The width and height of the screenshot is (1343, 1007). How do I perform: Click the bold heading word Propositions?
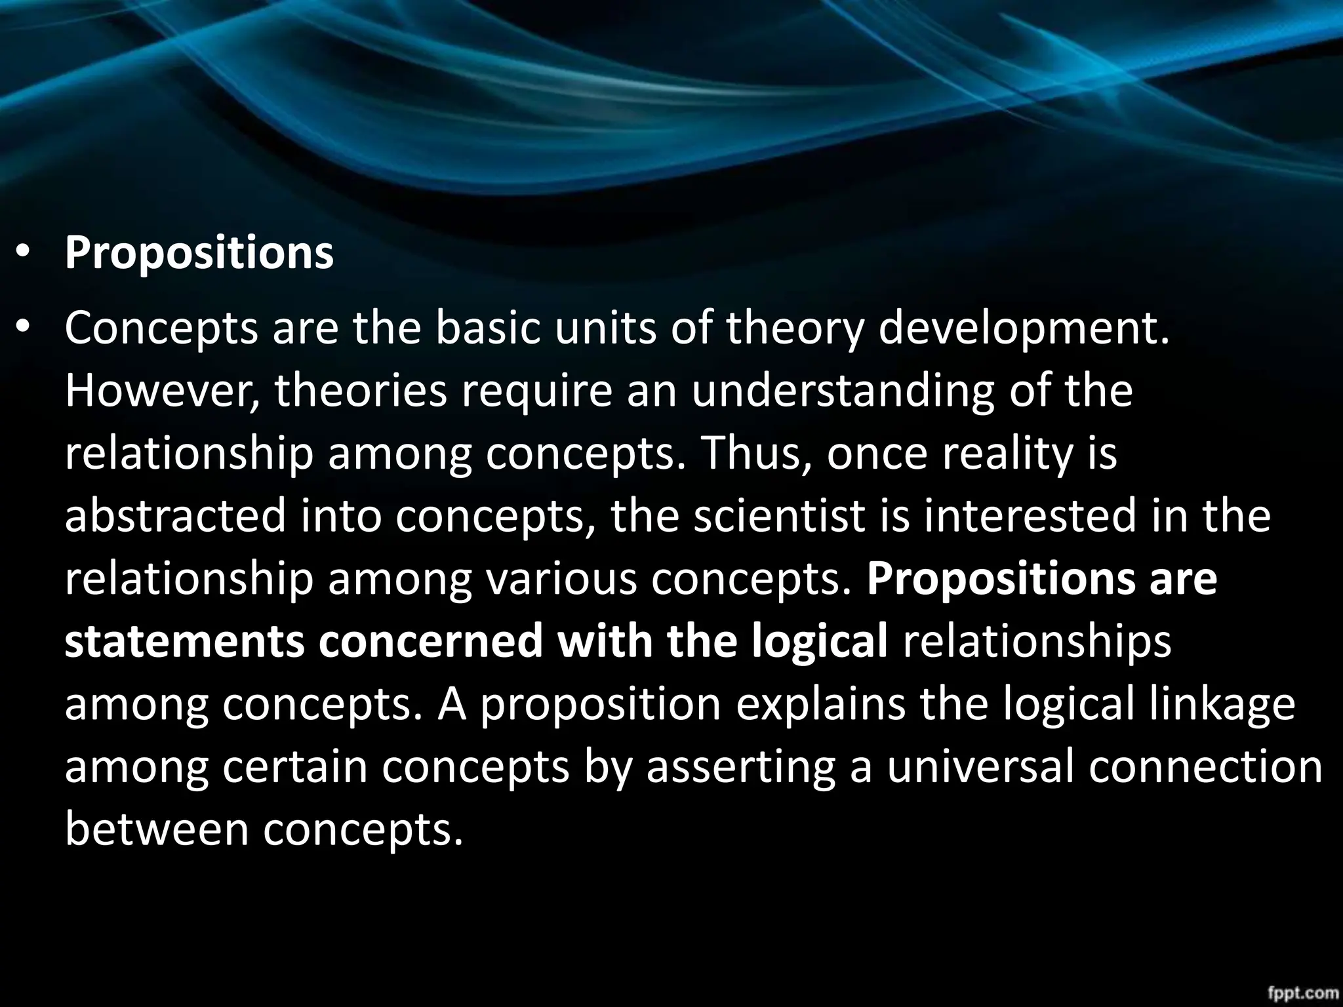click(x=199, y=254)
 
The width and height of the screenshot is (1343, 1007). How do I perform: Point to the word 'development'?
click(x=1023, y=329)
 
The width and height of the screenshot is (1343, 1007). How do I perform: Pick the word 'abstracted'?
click(x=176, y=516)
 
